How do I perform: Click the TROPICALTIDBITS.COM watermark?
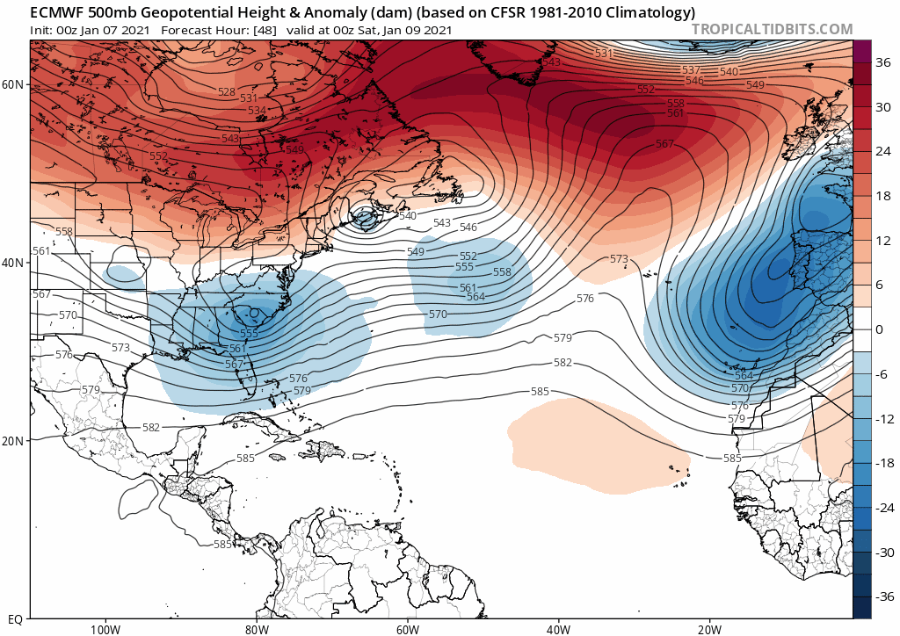772,29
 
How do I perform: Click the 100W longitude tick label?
104,629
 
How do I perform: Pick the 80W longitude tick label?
256,629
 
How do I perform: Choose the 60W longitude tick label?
407,629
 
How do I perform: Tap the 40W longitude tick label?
558,629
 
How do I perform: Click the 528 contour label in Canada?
227,92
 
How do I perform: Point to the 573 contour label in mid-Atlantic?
619,259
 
